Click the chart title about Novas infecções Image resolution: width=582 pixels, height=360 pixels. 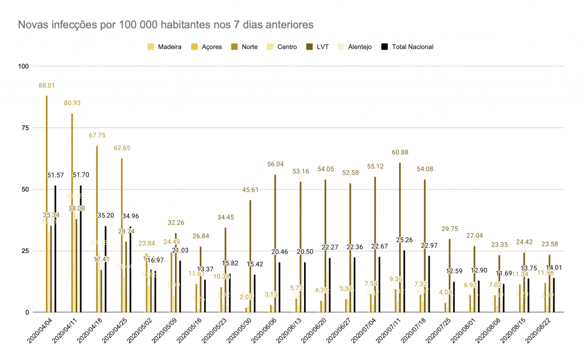click(165, 25)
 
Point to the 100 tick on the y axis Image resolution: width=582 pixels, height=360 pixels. click(23, 66)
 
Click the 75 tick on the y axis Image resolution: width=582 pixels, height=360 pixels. click(26, 127)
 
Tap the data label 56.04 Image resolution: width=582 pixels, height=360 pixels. click(275, 164)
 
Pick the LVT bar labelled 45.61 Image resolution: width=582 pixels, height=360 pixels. click(250, 256)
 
